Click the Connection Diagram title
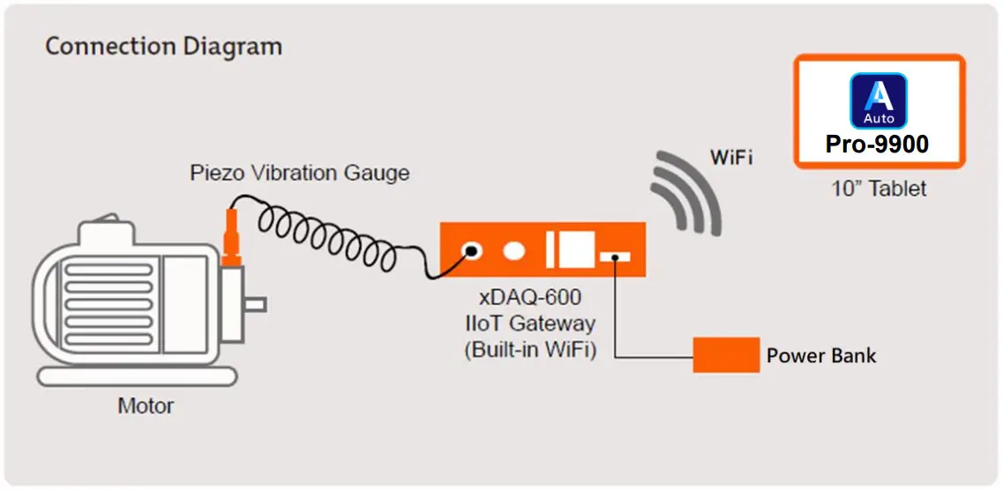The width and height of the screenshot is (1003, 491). (x=163, y=47)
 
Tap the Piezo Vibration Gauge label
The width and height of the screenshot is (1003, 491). (x=300, y=172)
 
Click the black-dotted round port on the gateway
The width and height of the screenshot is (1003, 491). (x=472, y=251)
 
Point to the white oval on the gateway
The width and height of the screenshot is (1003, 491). (x=512, y=251)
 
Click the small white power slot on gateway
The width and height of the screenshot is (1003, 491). (x=615, y=257)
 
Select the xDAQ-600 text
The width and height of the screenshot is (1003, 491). (x=529, y=298)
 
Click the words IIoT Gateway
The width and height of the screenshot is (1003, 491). (x=529, y=323)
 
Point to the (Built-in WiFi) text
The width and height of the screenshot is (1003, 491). (x=529, y=348)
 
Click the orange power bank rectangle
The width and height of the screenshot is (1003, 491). (x=726, y=354)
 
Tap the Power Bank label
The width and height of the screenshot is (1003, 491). (x=820, y=356)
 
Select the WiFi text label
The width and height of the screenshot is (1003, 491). (x=730, y=158)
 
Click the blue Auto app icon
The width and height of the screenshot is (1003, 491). (x=879, y=100)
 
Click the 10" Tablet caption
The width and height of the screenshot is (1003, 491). (x=879, y=189)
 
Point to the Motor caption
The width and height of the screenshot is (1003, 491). (x=146, y=406)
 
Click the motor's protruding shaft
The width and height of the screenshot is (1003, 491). (x=254, y=305)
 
